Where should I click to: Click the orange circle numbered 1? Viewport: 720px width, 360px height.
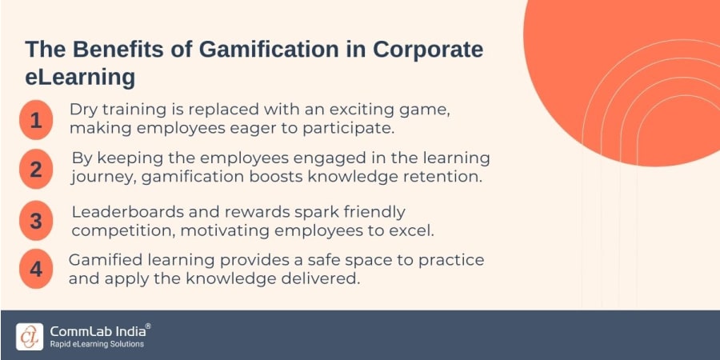pyautogui.click(x=35, y=120)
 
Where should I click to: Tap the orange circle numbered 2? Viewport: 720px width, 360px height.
pyautogui.click(x=35, y=169)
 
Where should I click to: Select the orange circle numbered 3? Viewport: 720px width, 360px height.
pyautogui.click(x=35, y=221)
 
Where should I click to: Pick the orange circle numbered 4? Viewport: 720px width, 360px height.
pyautogui.click(x=35, y=269)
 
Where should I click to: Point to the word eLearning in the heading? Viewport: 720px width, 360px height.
pyautogui.click(x=80, y=79)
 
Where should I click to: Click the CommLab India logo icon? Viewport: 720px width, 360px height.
pyautogui.click(x=30, y=335)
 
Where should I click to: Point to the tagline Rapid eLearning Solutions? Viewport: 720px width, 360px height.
pyautogui.click(x=97, y=344)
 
